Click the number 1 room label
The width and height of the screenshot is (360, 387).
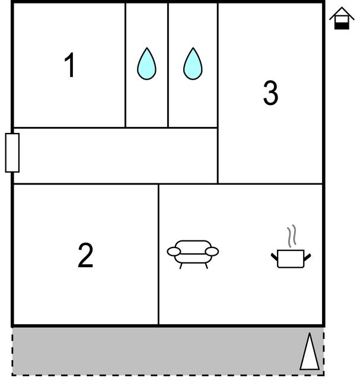[70, 65]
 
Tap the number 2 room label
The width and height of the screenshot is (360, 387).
[85, 255]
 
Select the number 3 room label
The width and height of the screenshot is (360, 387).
[270, 93]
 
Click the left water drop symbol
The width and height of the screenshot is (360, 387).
[146, 64]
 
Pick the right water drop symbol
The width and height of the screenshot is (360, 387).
[193, 64]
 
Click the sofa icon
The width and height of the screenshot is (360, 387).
[193, 254]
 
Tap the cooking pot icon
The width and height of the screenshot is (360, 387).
[291, 259]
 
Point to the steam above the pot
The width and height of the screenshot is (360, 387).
[291, 236]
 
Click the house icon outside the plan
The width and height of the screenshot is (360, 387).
[342, 18]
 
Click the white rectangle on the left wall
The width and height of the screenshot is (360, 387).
[12, 153]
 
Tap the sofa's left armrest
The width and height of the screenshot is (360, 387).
[174, 252]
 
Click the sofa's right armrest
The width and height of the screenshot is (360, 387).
[212, 252]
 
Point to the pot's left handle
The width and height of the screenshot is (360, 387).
[275, 257]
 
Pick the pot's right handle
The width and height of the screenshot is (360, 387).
[307, 257]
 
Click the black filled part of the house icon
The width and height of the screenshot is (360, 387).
[342, 26]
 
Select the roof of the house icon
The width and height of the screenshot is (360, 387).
[342, 13]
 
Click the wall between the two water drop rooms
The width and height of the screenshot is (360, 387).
[168, 65]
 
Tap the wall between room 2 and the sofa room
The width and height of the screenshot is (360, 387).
[158, 255]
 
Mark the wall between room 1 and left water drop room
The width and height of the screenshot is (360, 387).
[126, 65]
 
